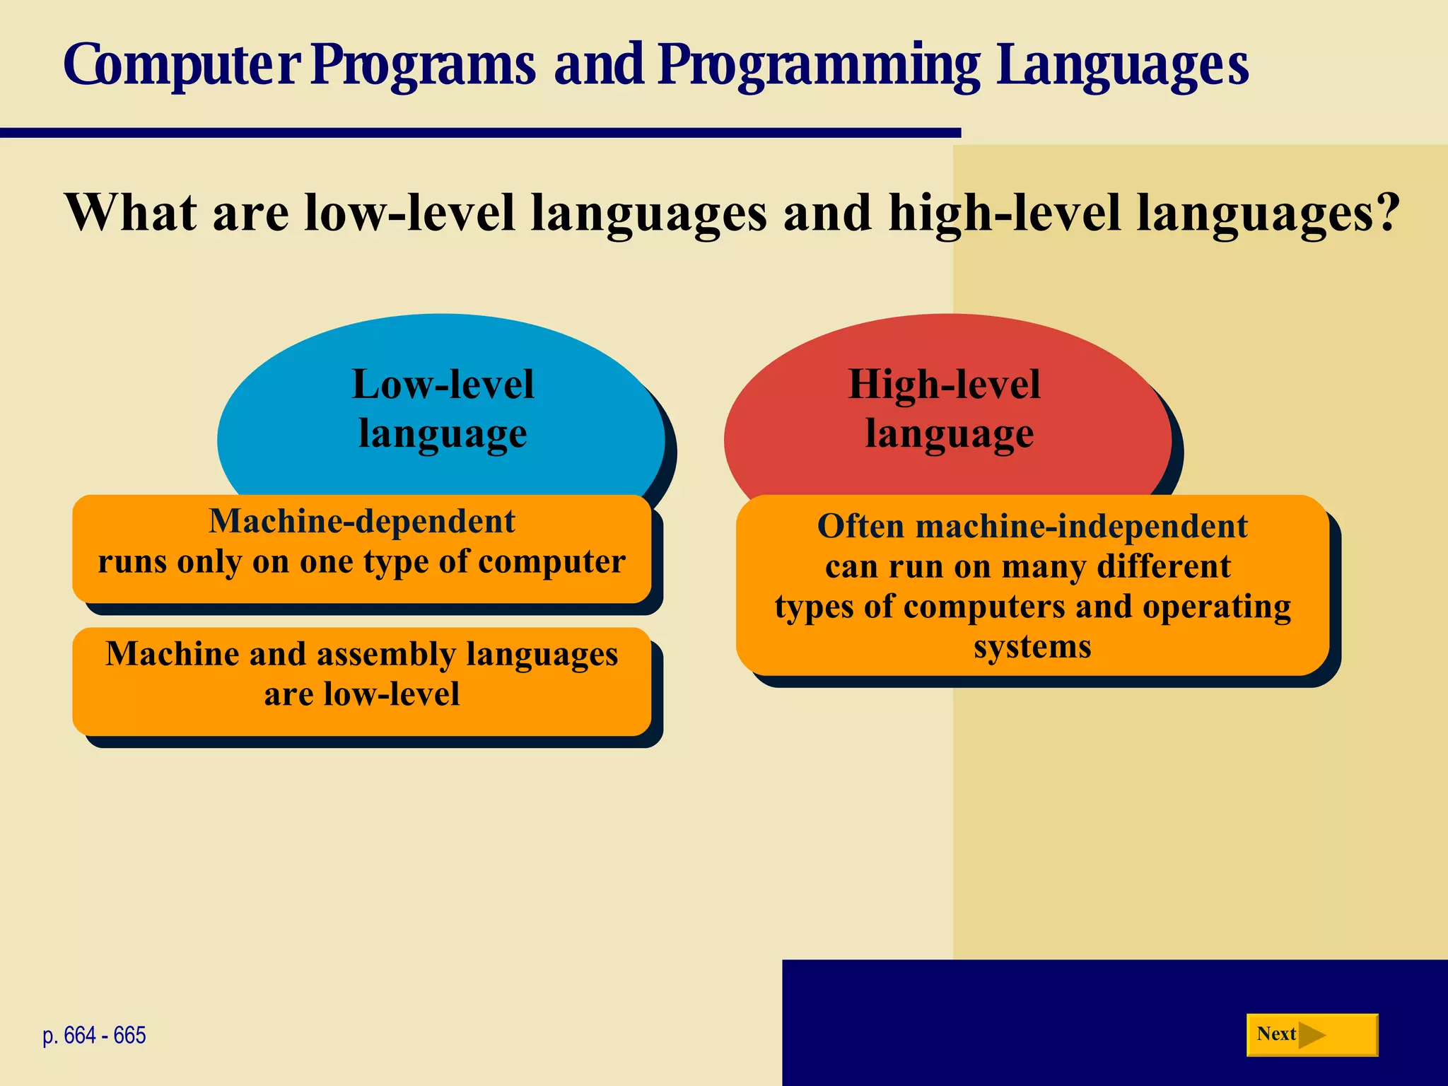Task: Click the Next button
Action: point(1312,1034)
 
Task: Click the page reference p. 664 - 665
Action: point(94,1035)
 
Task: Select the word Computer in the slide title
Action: point(182,65)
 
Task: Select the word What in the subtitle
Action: point(131,212)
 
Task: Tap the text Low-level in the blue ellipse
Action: point(443,384)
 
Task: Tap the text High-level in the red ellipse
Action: point(944,384)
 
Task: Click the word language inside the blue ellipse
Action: point(443,433)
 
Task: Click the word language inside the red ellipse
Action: point(949,433)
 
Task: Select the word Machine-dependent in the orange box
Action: point(362,521)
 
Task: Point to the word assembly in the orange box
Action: point(386,654)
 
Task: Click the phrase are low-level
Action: point(362,694)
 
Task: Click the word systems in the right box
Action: point(1032,647)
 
